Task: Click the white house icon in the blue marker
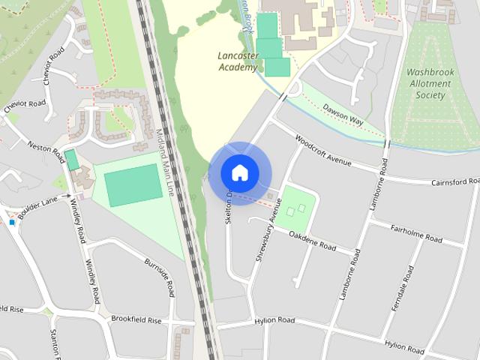(239, 172)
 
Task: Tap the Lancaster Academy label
(238, 61)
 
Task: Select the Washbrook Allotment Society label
(430, 84)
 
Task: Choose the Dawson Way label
(343, 115)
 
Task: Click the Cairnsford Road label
(454, 182)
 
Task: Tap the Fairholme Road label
(416, 231)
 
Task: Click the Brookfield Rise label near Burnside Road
(136, 319)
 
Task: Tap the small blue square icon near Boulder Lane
(12, 222)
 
